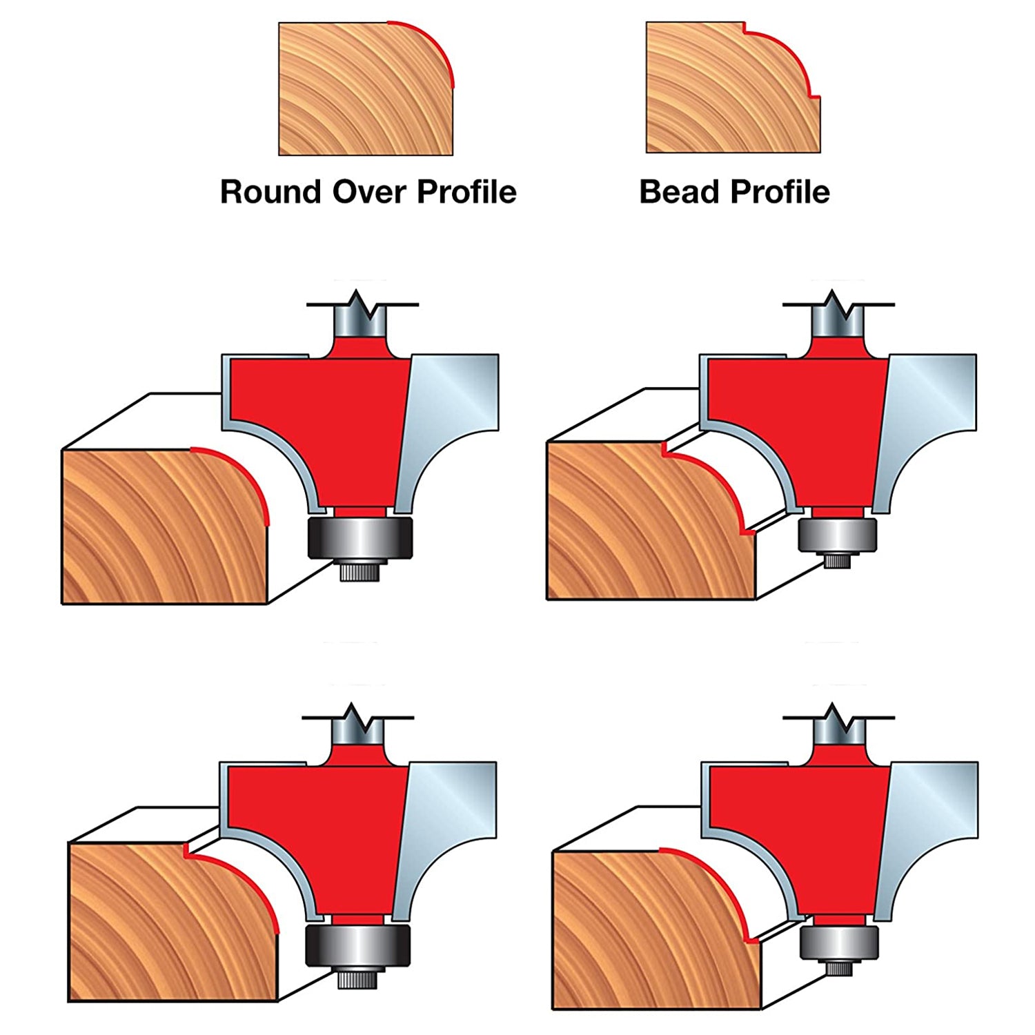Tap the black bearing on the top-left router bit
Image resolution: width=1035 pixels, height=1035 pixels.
coord(359,537)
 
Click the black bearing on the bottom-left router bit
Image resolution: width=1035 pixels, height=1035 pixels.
coord(358,945)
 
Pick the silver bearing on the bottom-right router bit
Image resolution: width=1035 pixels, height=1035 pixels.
coord(840,943)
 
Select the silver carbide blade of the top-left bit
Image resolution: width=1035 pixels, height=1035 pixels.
coord(452,414)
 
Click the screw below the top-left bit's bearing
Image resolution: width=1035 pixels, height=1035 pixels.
coord(359,571)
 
